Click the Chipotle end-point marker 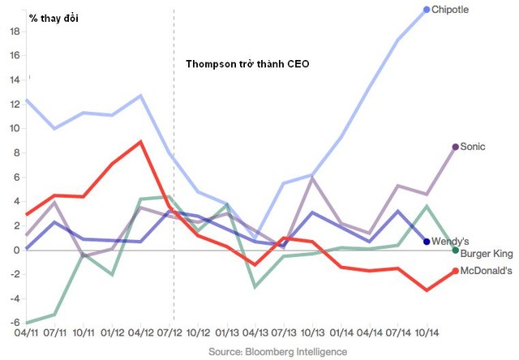click(x=427, y=10)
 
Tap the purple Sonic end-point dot click(x=456, y=147)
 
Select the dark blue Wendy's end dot click(x=427, y=242)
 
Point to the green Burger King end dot click(x=456, y=251)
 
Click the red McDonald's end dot click(x=456, y=271)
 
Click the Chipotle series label click(x=450, y=10)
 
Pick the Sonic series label click(x=473, y=147)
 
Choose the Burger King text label click(x=487, y=254)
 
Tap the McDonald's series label click(x=487, y=271)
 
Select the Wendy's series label click(x=450, y=241)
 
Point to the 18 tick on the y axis click(x=15, y=32)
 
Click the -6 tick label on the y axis click(x=15, y=323)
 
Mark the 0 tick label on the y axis click(x=16, y=251)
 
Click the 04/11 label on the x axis click(x=26, y=332)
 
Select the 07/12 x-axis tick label click(x=169, y=332)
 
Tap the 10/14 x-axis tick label click(x=427, y=332)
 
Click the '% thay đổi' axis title click(x=54, y=18)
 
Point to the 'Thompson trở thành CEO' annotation click(x=247, y=63)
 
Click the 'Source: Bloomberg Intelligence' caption click(x=277, y=352)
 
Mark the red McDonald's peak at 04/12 click(x=141, y=142)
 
